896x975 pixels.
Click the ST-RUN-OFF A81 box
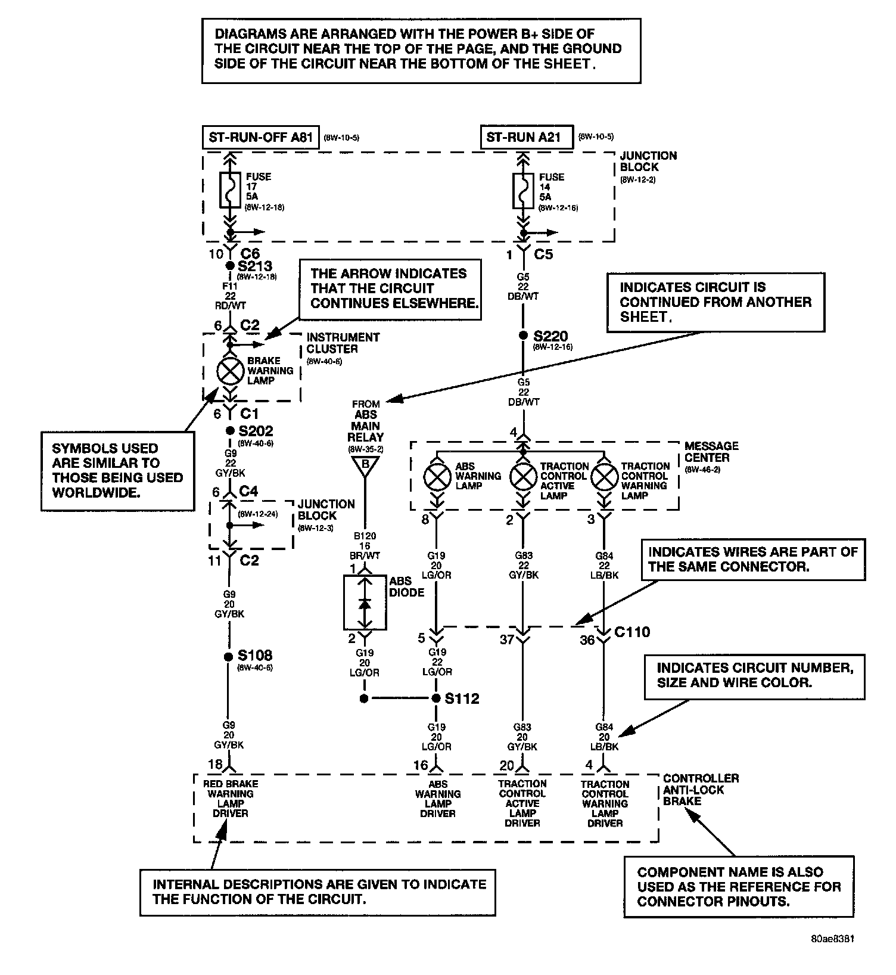(261, 138)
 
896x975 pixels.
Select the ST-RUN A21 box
(524, 137)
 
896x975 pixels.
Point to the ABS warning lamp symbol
(438, 477)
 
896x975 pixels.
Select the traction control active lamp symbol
(523, 477)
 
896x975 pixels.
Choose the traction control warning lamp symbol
(605, 477)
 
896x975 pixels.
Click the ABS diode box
(365, 603)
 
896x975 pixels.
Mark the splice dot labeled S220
(523, 336)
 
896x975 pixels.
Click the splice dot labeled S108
(228, 657)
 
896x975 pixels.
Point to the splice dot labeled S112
(437, 698)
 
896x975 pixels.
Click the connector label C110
(632, 632)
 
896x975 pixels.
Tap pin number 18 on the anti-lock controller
(214, 764)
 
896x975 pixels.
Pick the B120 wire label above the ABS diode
(365, 536)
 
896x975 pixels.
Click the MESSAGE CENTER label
(711, 452)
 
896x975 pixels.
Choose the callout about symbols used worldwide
(117, 470)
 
